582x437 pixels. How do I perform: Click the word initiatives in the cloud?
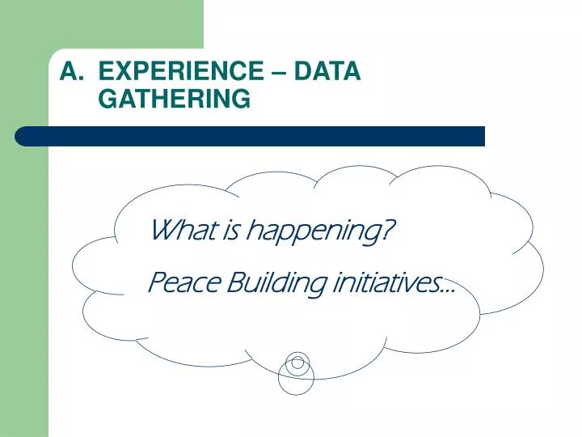click(x=380, y=283)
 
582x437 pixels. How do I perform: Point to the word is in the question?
click(x=230, y=232)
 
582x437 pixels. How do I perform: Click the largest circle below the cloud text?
click(x=296, y=375)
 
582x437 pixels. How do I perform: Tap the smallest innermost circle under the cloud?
click(x=297, y=362)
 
